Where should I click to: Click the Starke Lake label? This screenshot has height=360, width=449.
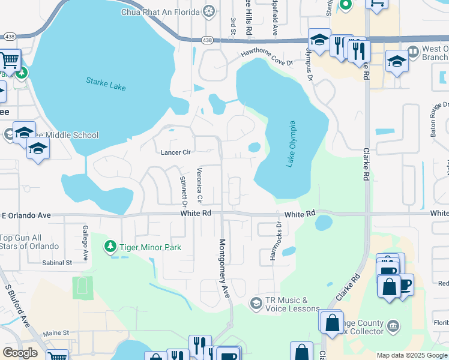(106, 84)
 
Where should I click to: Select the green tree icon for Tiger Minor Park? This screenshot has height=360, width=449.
(110, 246)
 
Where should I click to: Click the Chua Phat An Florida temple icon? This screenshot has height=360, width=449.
(209, 11)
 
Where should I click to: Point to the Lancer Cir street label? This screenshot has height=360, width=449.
(175, 152)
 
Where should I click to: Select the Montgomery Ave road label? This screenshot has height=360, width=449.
(224, 269)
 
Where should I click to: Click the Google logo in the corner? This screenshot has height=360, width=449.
(20, 353)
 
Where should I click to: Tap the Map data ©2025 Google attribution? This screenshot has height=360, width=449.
(411, 355)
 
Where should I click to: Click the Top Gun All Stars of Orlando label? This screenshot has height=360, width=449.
(29, 242)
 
